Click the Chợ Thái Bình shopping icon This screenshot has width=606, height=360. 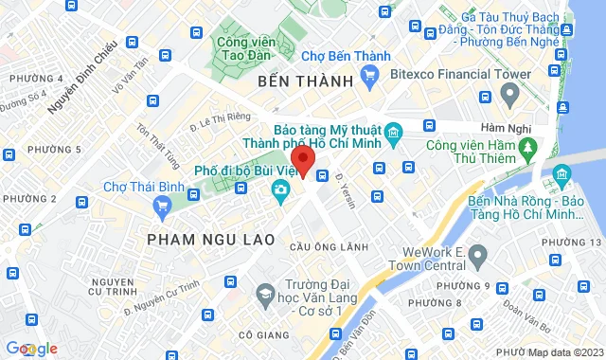click(x=163, y=204)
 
